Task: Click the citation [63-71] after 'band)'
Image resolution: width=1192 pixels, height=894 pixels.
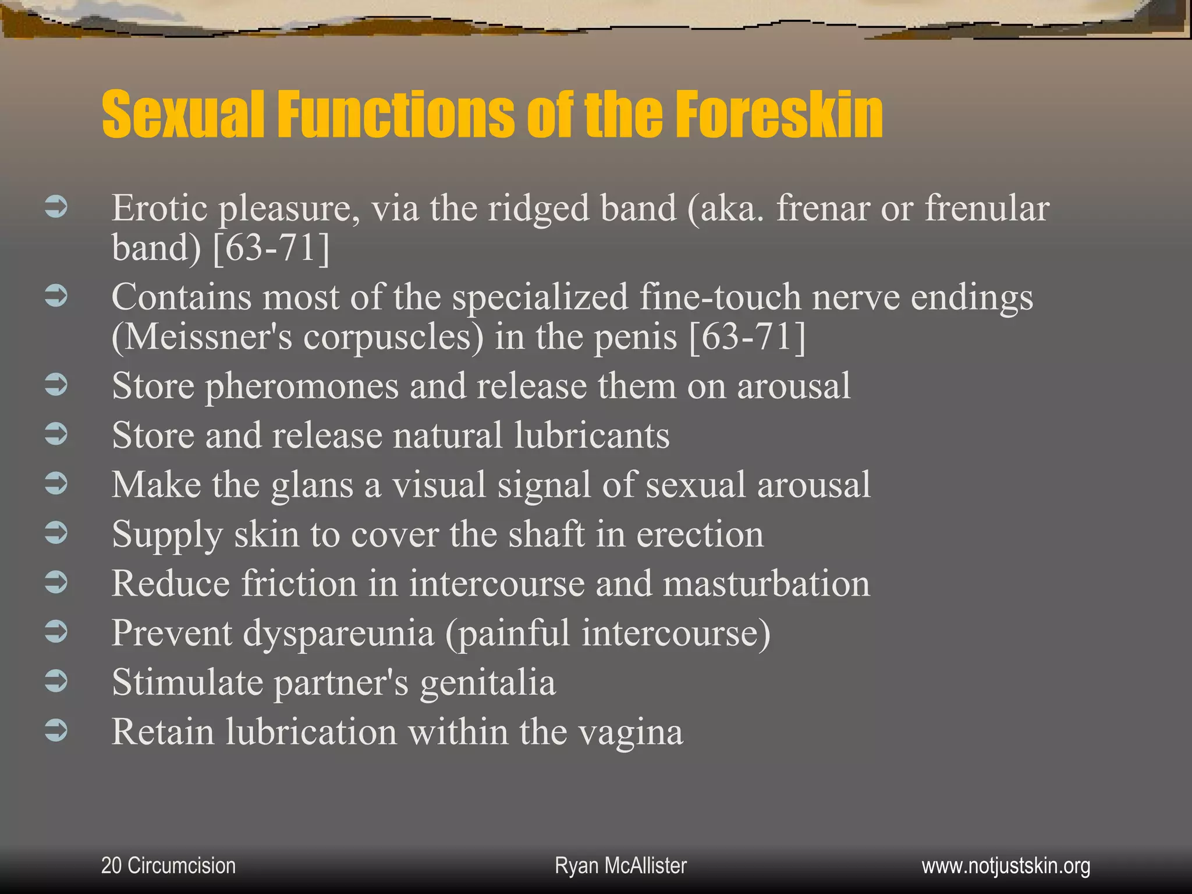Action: pos(271,247)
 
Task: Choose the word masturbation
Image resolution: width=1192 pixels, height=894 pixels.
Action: pos(767,583)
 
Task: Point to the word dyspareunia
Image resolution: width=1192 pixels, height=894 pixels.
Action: pos(338,633)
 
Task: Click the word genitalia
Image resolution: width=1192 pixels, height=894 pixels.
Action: pos(488,682)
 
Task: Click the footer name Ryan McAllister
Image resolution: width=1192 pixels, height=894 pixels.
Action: pos(620,865)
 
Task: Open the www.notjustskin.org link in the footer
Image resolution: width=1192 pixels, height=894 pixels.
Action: pos(1006,865)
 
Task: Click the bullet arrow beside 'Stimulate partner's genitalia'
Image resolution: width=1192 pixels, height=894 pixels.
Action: pos(56,681)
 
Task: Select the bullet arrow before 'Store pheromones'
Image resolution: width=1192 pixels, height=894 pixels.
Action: pos(56,384)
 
